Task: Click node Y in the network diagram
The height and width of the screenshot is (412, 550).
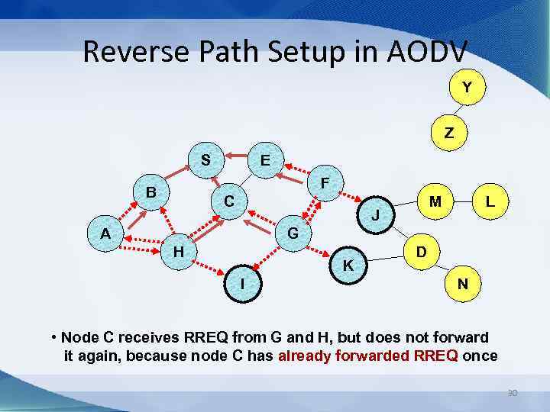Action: pos(465,89)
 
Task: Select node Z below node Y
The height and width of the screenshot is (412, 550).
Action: pos(448,133)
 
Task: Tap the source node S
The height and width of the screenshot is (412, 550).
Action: pos(205,160)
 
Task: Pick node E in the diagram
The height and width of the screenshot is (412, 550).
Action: pos(264,161)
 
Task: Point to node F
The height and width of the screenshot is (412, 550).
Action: pos(325,183)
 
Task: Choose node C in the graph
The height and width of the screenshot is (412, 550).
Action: pos(228,202)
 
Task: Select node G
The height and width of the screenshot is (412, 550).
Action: pos(293,232)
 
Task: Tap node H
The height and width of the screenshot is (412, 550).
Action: pos(178,250)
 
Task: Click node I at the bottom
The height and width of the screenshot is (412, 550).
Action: pos(242,283)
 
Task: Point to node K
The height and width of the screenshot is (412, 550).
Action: pos(348,266)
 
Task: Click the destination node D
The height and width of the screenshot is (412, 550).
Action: pos(421,251)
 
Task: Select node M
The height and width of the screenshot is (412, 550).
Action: pos(435,202)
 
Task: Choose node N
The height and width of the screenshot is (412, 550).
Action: pos(462,284)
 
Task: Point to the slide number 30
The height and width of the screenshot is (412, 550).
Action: pos(513,394)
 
